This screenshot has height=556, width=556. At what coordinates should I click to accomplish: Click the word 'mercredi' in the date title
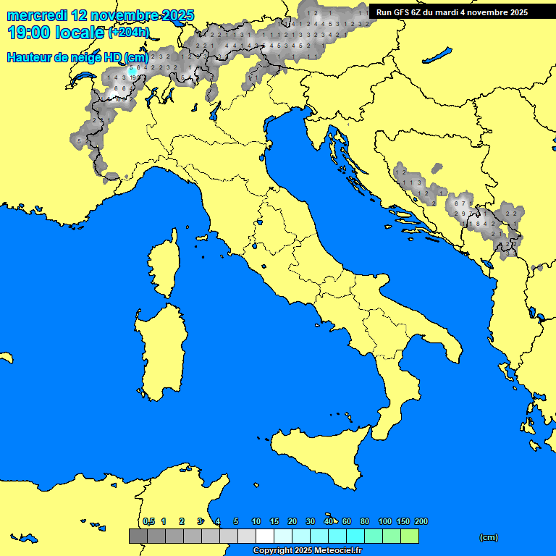(x=38, y=15)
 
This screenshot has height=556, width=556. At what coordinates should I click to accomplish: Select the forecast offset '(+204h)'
(x=128, y=33)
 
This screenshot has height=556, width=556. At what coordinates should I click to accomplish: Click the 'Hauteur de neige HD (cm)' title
(x=77, y=57)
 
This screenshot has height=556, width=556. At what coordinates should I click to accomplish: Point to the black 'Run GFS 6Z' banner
(x=452, y=12)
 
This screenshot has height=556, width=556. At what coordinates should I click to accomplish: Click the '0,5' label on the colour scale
(x=148, y=521)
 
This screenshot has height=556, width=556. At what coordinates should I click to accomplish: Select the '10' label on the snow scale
(x=256, y=521)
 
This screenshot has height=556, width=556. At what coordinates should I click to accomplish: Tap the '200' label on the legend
(x=421, y=521)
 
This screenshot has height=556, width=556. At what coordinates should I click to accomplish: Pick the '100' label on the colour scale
(x=385, y=521)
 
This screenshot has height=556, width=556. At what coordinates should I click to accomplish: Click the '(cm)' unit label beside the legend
(x=489, y=537)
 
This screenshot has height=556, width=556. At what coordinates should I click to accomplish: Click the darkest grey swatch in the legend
(x=138, y=536)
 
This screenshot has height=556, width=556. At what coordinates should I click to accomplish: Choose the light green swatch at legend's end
(x=409, y=536)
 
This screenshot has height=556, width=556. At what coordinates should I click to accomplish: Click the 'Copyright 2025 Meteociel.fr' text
(x=307, y=551)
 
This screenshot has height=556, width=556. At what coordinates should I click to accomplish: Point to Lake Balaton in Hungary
(x=438, y=56)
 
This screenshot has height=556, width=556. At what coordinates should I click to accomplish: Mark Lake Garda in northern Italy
(x=215, y=111)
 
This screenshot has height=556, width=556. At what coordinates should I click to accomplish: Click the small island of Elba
(x=203, y=237)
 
